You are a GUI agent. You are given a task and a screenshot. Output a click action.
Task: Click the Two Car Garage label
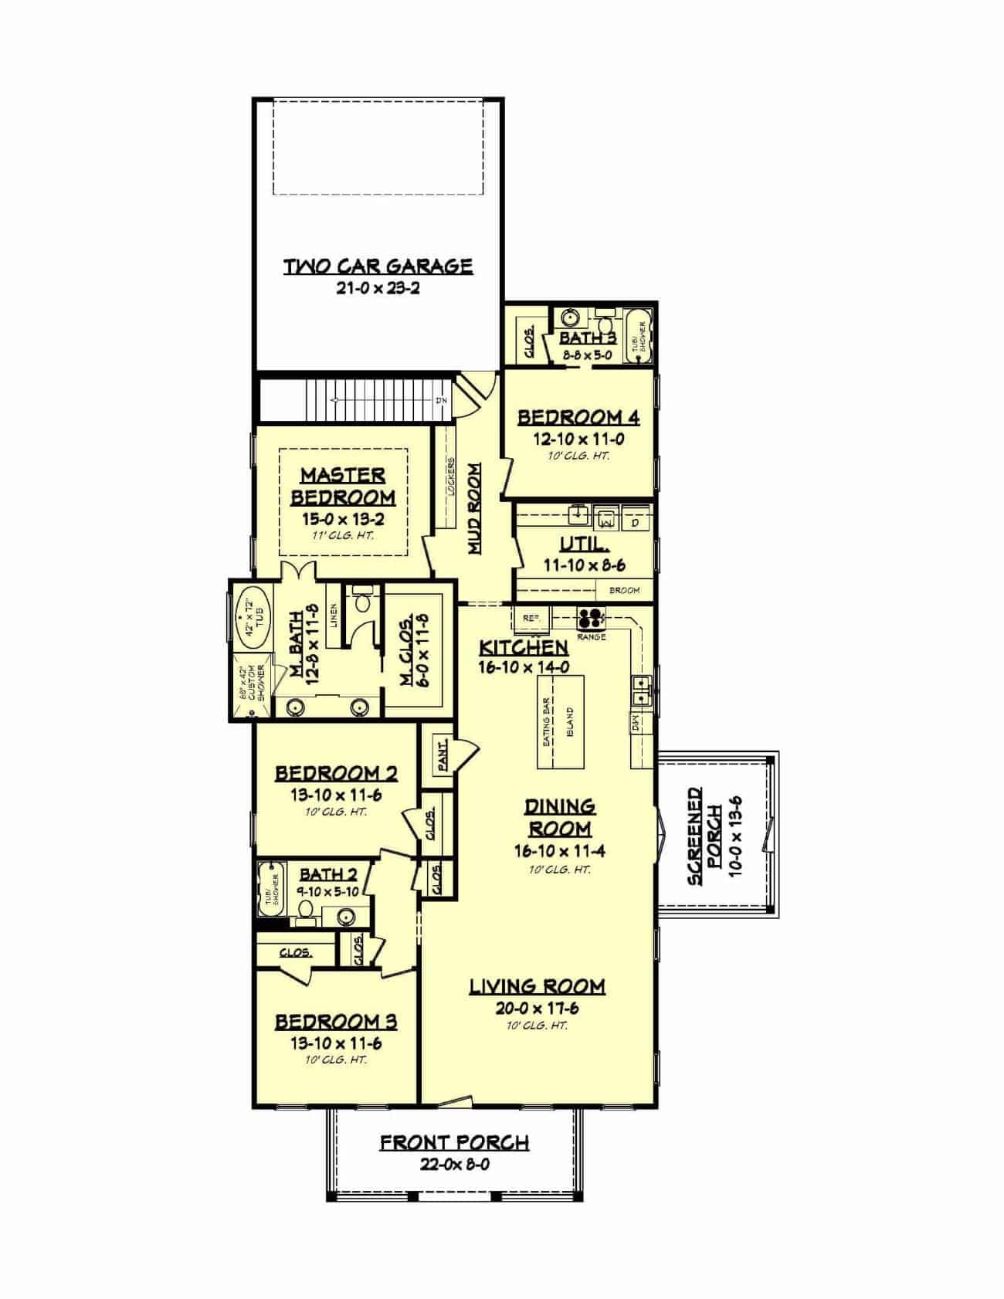[x=378, y=266]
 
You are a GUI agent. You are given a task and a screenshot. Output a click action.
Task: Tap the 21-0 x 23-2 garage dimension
[x=378, y=289]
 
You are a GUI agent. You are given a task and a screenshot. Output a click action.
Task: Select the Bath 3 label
[x=588, y=337]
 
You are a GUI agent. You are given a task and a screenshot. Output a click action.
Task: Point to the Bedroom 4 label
[x=578, y=417]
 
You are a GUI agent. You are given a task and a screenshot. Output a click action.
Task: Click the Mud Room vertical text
[x=475, y=508]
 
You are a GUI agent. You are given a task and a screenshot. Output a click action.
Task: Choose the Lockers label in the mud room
[x=451, y=477]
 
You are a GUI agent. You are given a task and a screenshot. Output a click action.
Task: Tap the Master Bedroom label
[x=343, y=485]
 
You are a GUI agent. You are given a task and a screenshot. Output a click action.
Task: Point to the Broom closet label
[x=624, y=591]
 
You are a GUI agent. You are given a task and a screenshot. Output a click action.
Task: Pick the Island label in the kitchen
[x=570, y=723]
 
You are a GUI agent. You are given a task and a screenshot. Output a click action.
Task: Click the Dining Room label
[x=560, y=817]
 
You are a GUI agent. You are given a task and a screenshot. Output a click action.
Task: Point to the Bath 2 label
[x=328, y=873]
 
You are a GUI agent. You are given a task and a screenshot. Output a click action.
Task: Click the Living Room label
[x=538, y=985]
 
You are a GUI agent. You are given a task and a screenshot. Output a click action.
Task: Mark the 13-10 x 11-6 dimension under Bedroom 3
[x=337, y=1043]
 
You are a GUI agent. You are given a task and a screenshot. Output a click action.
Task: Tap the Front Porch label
[x=454, y=1142]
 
